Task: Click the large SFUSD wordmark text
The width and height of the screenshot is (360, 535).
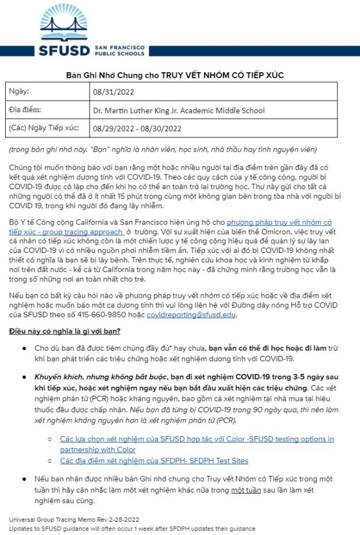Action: [x=65, y=50]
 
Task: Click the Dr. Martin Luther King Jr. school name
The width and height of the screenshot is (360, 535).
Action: [x=179, y=110]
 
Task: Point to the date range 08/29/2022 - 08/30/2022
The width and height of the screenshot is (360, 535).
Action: [x=137, y=129]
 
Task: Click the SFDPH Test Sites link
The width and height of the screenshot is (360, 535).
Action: [x=154, y=461]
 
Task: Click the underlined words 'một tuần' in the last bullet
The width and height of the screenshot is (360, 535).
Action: [x=247, y=490]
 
